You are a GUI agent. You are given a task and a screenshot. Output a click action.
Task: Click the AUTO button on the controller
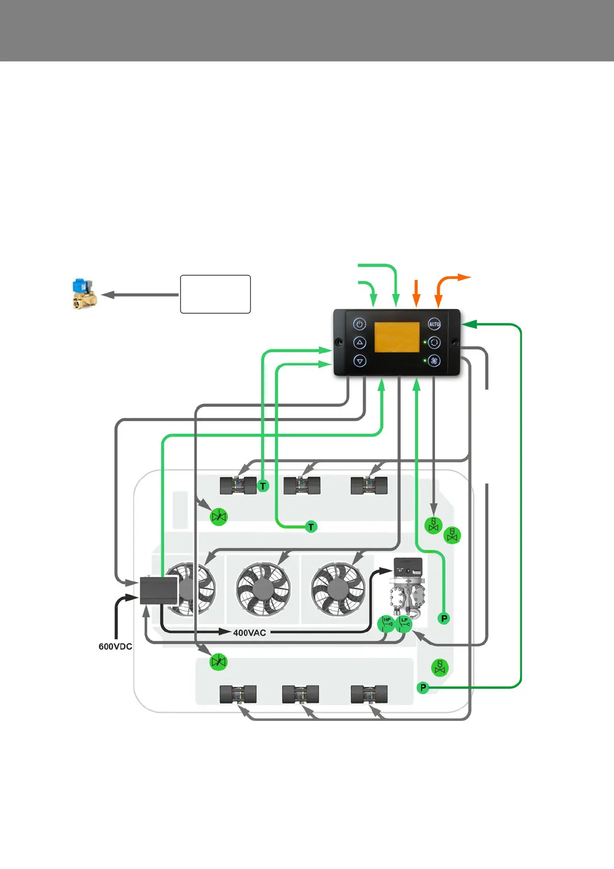pyautogui.click(x=434, y=324)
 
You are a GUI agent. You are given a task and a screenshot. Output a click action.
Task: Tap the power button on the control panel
pyautogui.click(x=360, y=324)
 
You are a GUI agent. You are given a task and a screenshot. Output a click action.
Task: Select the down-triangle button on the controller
pyautogui.click(x=360, y=361)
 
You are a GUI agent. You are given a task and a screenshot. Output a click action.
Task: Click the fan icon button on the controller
pyautogui.click(x=434, y=361)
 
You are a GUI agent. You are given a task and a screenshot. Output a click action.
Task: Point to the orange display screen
pyautogui.click(x=396, y=337)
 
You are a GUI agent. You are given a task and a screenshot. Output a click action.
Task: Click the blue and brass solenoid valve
pyautogui.click(x=84, y=294)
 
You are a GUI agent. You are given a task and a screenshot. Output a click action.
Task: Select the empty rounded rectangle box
pyautogui.click(x=215, y=294)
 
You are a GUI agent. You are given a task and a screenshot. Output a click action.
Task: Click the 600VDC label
pyautogui.click(x=115, y=647)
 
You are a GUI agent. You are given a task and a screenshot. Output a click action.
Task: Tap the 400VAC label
pyautogui.click(x=249, y=633)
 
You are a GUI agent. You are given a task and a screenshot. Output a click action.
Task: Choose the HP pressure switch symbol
pyautogui.click(x=386, y=623)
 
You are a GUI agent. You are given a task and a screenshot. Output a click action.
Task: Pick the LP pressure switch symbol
pyautogui.click(x=404, y=623)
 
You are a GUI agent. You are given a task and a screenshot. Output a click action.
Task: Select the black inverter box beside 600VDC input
pyautogui.click(x=159, y=590)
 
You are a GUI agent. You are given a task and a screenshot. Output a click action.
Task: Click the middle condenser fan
pyautogui.click(x=263, y=589)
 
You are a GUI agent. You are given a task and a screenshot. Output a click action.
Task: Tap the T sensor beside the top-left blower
pyautogui.click(x=263, y=486)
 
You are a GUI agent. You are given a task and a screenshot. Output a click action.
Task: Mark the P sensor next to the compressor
pyautogui.click(x=444, y=618)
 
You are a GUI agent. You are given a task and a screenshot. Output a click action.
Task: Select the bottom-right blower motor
pyautogui.click(x=368, y=695)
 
